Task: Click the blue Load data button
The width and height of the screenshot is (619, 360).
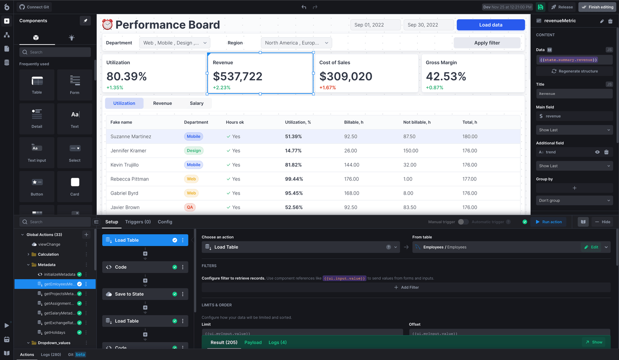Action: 491,25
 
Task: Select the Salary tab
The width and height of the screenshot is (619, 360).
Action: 197,103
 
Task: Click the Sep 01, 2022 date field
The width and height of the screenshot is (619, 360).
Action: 375,25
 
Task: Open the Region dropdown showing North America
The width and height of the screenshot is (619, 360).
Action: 296,43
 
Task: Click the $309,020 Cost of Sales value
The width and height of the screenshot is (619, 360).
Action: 345,77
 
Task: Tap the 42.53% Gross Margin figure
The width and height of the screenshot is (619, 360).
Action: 446,77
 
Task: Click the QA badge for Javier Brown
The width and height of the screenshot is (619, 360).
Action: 190,207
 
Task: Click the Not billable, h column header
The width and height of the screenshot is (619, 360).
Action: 417,122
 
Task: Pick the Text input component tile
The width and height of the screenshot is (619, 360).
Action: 37,153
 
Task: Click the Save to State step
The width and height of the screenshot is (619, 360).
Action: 129,294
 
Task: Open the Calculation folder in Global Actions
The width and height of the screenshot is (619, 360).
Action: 48,254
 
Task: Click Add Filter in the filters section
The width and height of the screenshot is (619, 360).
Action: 406,287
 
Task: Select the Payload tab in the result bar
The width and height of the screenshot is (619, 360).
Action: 253,343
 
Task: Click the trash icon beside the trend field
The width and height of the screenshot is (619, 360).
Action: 606,152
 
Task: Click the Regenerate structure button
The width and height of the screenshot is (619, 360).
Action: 575,71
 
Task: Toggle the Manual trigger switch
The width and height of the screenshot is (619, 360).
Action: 463,222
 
